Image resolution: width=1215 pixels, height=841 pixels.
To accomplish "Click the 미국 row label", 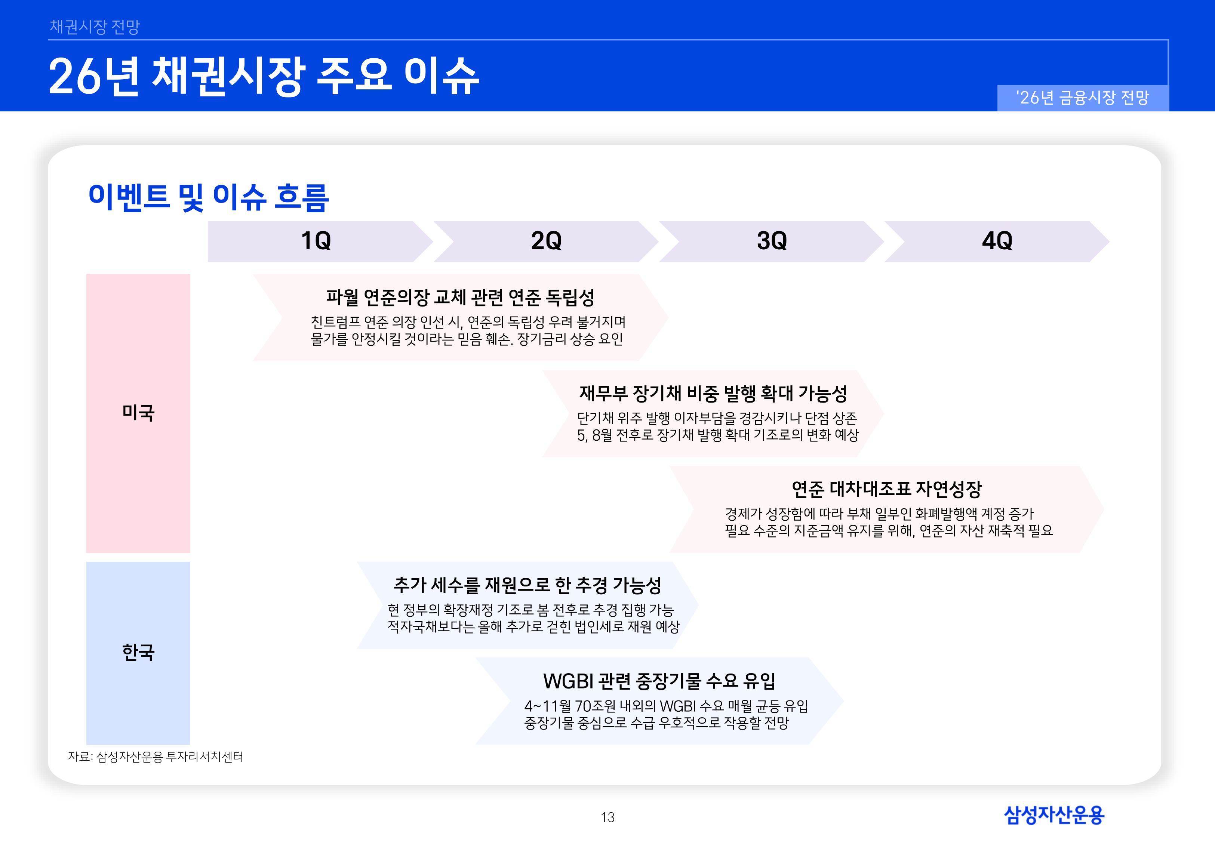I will pos(138,413).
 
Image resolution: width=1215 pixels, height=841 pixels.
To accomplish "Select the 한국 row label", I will pos(138,652).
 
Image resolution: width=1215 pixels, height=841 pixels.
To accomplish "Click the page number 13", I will pos(607,817).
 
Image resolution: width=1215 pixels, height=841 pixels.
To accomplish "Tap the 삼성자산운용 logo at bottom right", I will pos(1054,815).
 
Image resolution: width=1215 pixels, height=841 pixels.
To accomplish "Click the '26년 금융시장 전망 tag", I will pos(1082,98).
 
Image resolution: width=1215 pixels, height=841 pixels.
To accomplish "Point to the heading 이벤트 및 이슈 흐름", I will pos(209,198).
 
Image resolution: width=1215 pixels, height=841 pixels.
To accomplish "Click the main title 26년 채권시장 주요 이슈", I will pos(264,76).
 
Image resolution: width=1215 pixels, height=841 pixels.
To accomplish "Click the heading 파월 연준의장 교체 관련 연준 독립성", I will pos(460,298).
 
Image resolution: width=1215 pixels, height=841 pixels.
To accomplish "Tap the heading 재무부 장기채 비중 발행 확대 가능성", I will pos(713,393).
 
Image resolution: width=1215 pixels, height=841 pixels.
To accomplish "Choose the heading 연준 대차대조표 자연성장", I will pos(887,489).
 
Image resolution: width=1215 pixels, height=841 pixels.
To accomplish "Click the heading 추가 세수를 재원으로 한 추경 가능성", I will pos(527,585).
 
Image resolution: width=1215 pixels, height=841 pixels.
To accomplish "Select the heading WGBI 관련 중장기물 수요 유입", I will pos(659,681).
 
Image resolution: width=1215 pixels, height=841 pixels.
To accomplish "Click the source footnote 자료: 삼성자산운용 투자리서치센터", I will pos(156,757).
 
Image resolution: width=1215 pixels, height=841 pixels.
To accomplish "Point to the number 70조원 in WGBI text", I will pos(596,706).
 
